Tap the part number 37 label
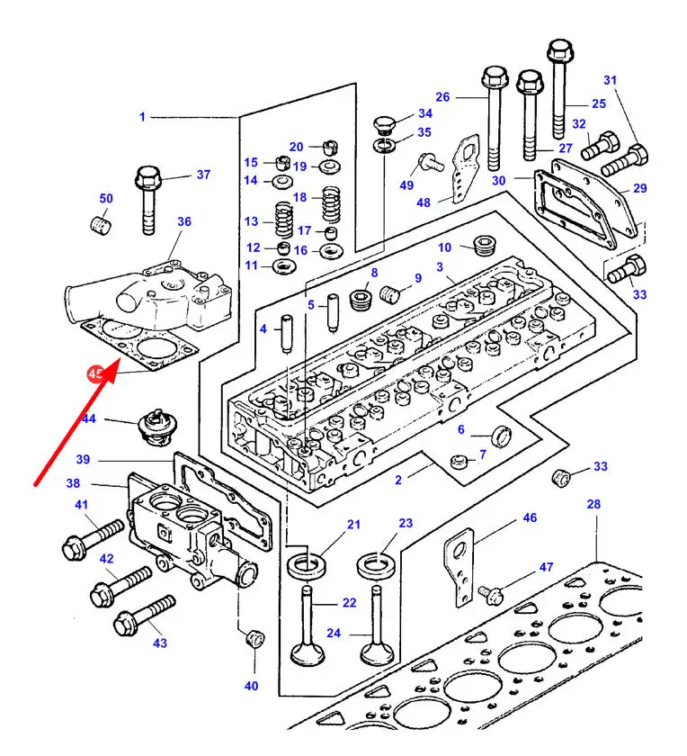pos(203,175)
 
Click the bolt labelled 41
pos(90,537)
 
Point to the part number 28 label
pos(593,505)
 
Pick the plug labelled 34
pos(385,123)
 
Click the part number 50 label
pos(106,198)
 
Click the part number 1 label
pos(142,116)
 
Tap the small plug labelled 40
pos(254,639)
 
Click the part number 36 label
pos(183,221)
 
